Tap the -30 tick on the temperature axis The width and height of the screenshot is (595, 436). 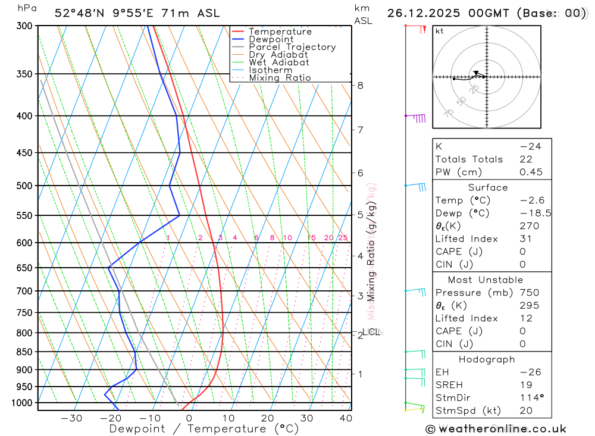(x=71, y=418)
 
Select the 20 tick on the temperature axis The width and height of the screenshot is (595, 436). (x=267, y=418)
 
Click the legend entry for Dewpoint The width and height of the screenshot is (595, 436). (x=271, y=39)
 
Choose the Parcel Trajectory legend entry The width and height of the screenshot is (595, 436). (x=292, y=47)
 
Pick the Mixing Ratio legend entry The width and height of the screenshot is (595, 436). (x=280, y=78)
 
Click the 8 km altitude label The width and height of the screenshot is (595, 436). (x=361, y=86)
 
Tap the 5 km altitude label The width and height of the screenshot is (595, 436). (x=361, y=215)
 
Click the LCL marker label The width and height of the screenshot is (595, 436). (x=373, y=332)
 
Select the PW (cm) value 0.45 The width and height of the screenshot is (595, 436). (x=531, y=172)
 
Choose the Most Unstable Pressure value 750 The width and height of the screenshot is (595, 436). (x=529, y=293)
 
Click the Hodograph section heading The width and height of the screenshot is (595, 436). (x=487, y=359)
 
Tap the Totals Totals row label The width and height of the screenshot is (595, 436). (x=469, y=159)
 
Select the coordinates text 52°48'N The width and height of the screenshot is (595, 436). (x=81, y=13)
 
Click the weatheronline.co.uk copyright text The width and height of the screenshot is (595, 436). (x=496, y=429)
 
